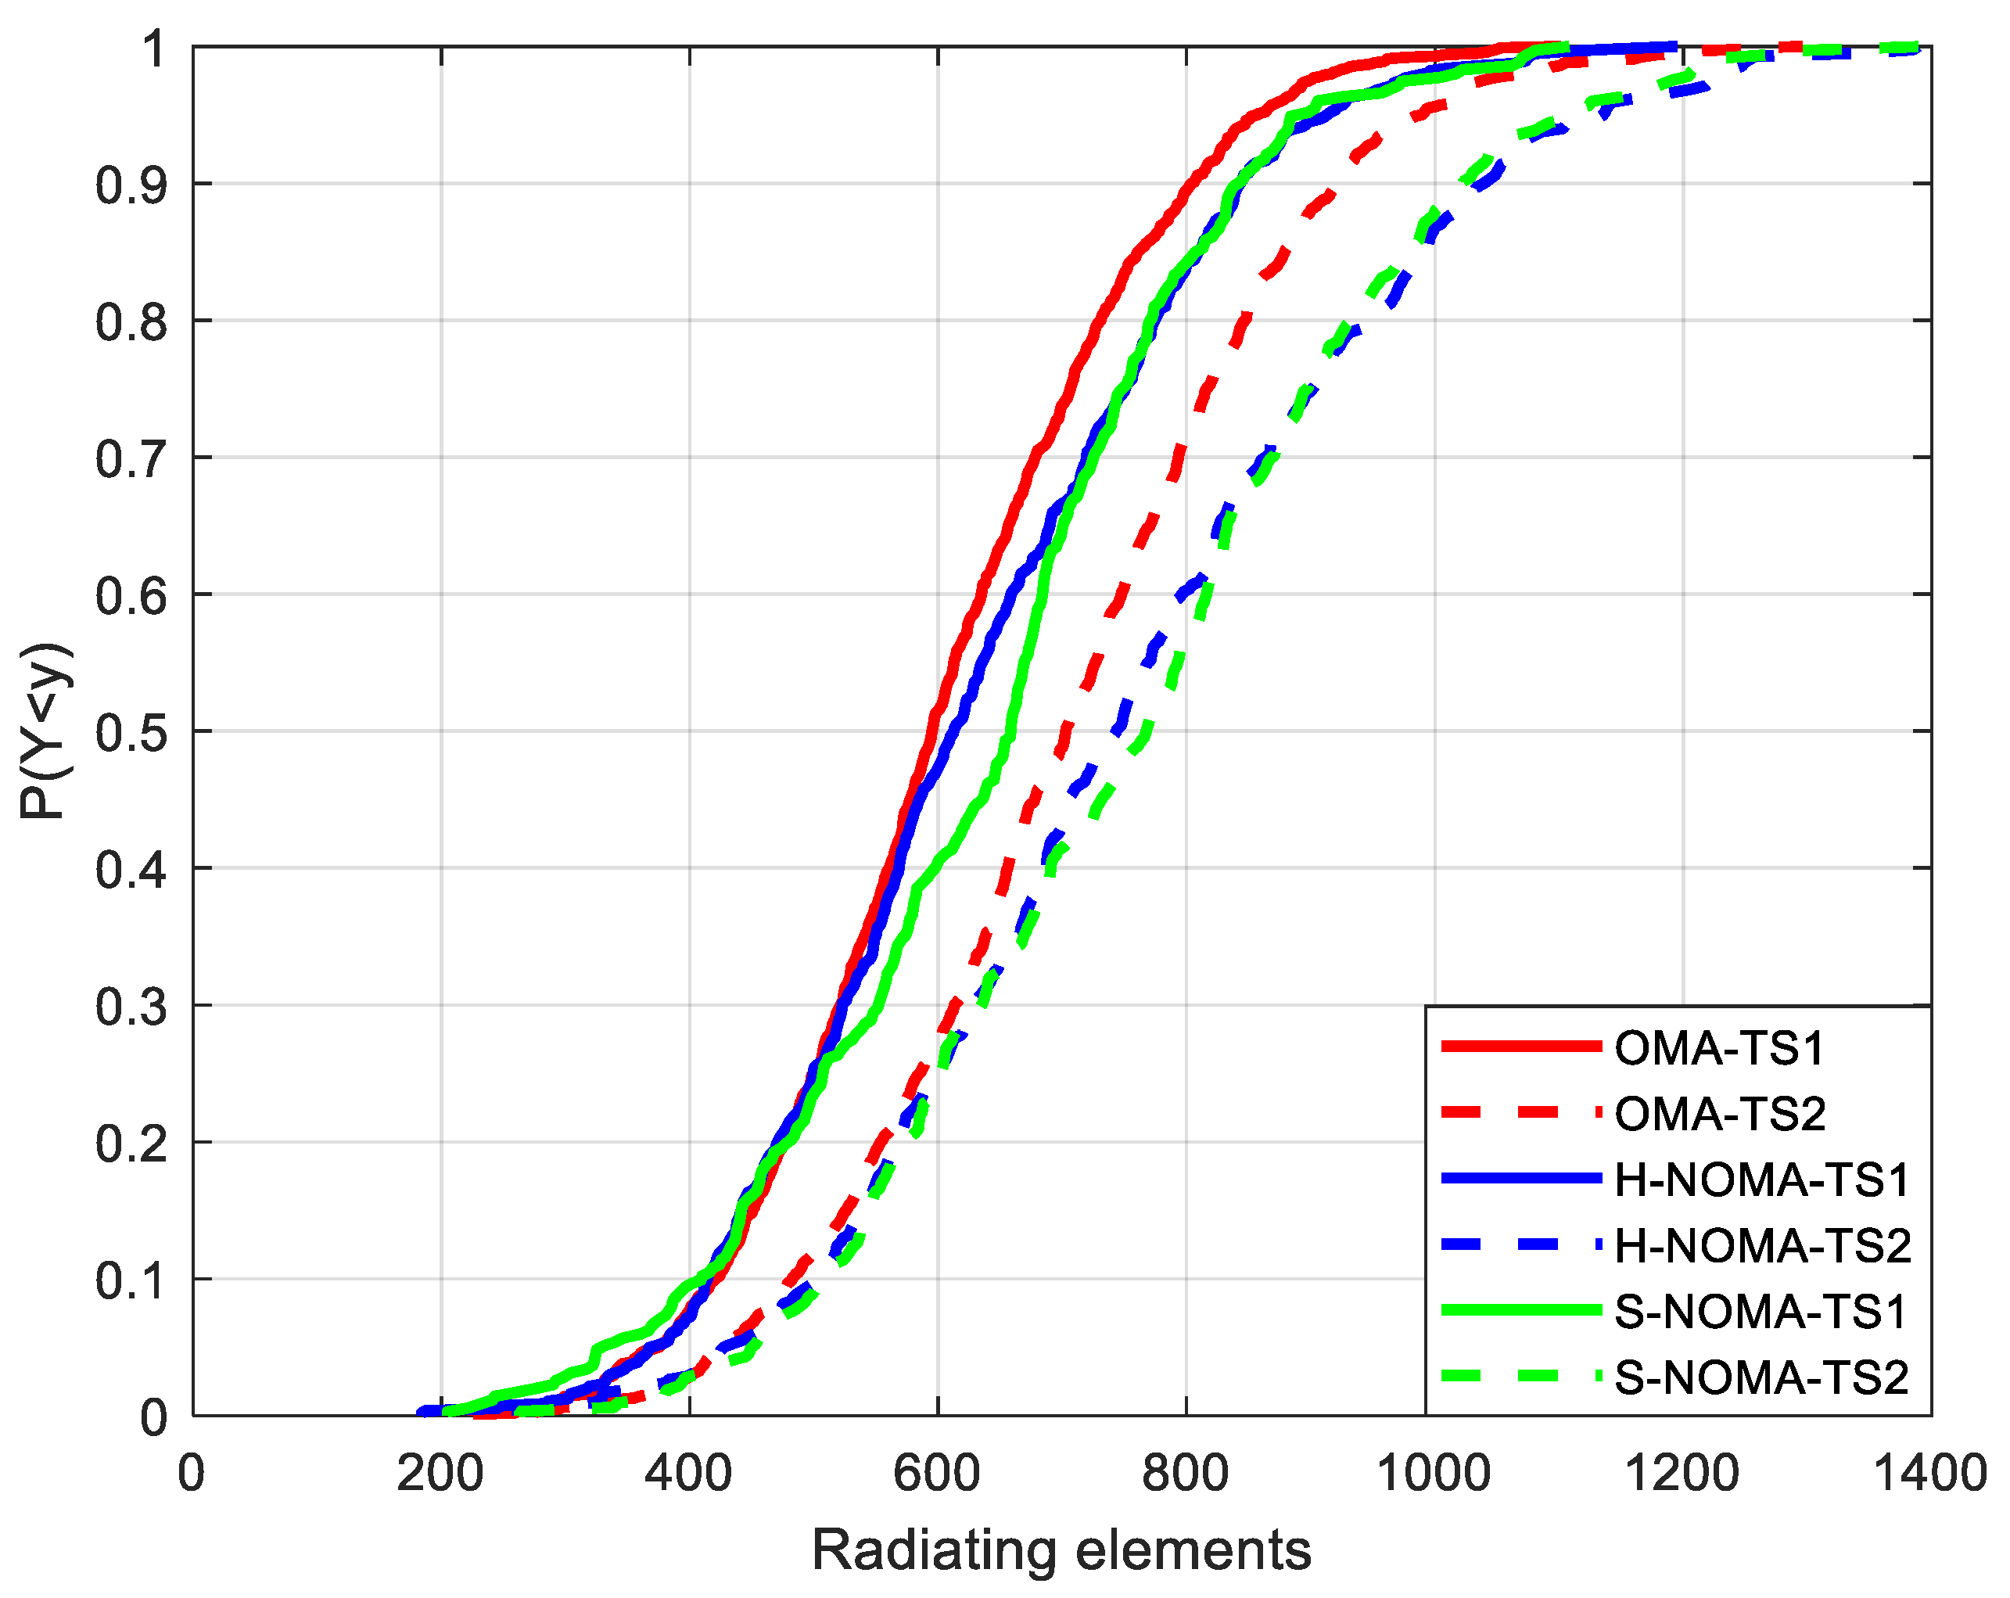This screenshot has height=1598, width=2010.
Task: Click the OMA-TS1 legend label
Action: coord(1719,1048)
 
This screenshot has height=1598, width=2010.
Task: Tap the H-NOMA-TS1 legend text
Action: coord(1762,1180)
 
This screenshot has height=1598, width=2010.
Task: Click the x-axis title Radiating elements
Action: coord(1061,1550)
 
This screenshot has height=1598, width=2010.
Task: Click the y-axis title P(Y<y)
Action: coord(45,731)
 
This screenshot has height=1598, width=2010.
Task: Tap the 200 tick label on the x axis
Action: coord(440,1474)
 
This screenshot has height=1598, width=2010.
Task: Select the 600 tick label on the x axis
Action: coord(937,1474)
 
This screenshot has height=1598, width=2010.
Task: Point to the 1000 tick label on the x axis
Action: coord(1434,1474)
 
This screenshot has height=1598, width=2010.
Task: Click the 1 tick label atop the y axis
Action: coord(154,48)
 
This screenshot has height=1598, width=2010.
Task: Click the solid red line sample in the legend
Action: coord(1520,1046)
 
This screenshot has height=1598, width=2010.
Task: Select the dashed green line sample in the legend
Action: coord(1520,1376)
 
